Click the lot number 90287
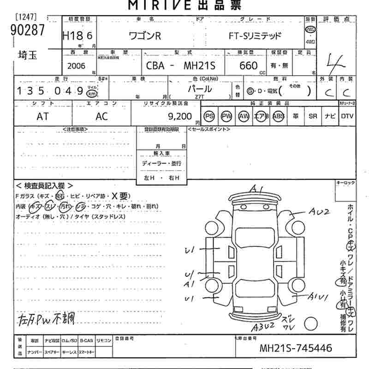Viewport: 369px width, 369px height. [x=27, y=30]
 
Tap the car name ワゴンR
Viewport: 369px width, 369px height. [x=144, y=36]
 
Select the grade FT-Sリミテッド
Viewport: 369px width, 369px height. [x=255, y=36]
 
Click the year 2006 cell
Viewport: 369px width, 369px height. [x=76, y=66]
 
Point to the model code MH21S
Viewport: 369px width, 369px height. [x=198, y=66]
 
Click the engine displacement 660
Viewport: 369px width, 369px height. [x=249, y=66]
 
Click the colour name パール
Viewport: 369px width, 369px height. [x=199, y=89]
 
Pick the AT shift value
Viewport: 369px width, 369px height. [x=42, y=117]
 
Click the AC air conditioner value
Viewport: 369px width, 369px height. [x=101, y=117]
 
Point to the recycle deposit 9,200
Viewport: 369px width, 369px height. [x=179, y=117]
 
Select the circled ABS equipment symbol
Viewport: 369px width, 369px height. [x=279, y=117]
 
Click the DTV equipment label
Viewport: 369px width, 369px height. [x=347, y=117]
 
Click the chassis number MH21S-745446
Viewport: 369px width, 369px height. [x=296, y=348]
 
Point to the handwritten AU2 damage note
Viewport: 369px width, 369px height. [x=319, y=212]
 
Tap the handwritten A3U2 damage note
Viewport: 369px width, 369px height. [x=263, y=327]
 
